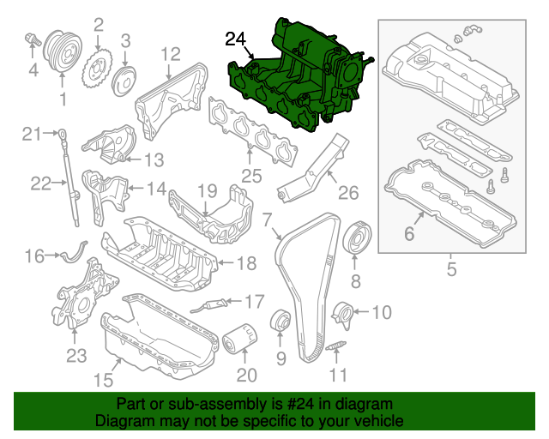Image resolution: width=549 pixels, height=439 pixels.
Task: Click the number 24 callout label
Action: [236, 39]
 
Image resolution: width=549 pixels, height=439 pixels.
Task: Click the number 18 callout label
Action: [246, 264]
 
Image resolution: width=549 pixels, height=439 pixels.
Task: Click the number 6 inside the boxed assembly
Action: [409, 232]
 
